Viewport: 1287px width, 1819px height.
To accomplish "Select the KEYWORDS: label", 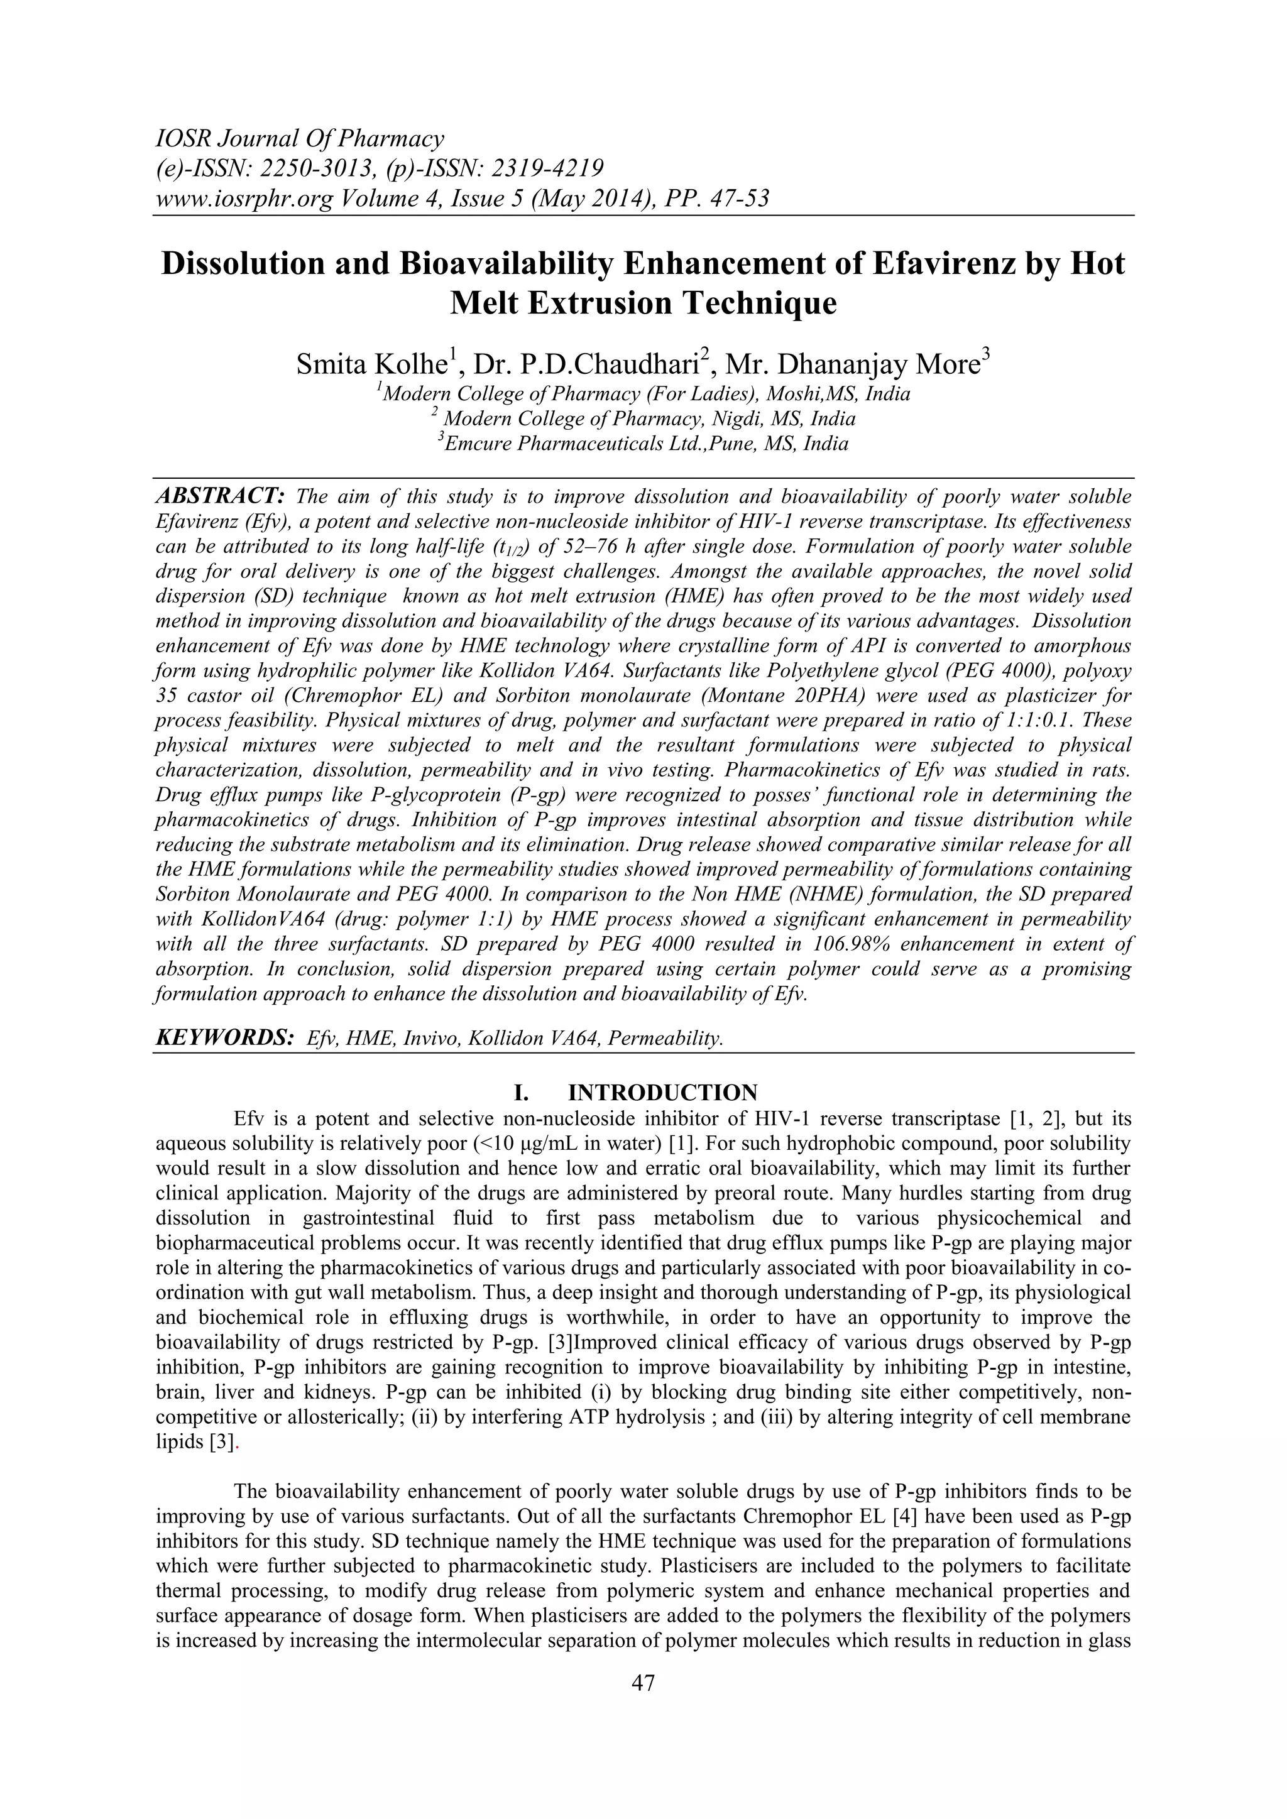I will (x=224, y=1039).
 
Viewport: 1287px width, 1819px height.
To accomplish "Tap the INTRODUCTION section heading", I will (x=662, y=1093).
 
